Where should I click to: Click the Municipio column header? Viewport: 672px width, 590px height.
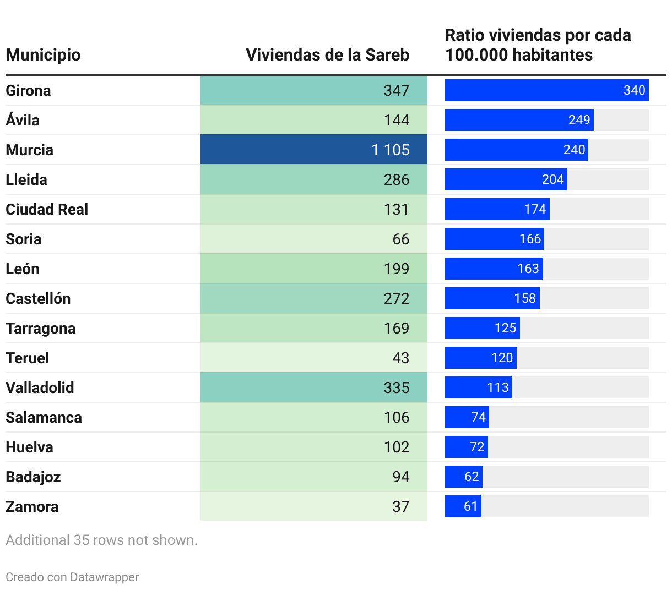pyautogui.click(x=43, y=55)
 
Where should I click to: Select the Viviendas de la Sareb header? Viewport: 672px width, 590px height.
pyautogui.click(x=327, y=55)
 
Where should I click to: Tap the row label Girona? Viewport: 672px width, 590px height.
pyautogui.click(x=28, y=90)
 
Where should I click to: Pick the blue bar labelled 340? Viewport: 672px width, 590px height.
pyautogui.click(x=546, y=90)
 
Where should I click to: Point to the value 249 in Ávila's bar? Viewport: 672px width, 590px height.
pyautogui.click(x=579, y=120)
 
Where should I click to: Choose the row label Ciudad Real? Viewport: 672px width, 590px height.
pyautogui.click(x=47, y=209)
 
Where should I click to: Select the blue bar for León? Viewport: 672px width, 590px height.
pyautogui.click(x=494, y=269)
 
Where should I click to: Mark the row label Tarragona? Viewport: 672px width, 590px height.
pyautogui.click(x=40, y=328)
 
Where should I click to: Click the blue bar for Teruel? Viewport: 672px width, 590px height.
pyautogui.click(x=480, y=358)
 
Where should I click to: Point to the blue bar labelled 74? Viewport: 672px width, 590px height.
pyautogui.click(x=467, y=417)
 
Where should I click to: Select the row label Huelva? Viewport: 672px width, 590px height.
pyautogui.click(x=29, y=447)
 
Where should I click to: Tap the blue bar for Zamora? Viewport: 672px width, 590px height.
pyautogui.click(x=463, y=506)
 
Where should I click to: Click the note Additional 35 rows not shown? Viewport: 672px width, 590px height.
pyautogui.click(x=101, y=540)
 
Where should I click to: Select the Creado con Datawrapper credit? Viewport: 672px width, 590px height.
pyautogui.click(x=72, y=577)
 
